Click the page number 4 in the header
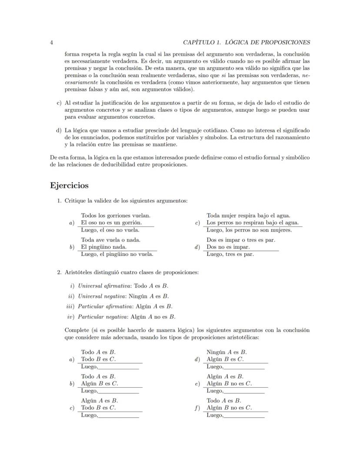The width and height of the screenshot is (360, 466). click(x=52, y=42)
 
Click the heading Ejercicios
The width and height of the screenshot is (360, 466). click(x=70, y=185)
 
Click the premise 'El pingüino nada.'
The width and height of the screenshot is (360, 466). click(x=104, y=247)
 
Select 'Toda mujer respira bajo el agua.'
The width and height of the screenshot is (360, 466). click(x=248, y=215)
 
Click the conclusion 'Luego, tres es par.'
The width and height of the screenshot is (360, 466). click(x=230, y=254)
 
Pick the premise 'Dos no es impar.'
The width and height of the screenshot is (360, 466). click(x=228, y=247)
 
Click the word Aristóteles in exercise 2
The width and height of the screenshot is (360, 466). click(x=80, y=272)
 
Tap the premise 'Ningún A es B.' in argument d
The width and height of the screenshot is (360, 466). click(x=227, y=352)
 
